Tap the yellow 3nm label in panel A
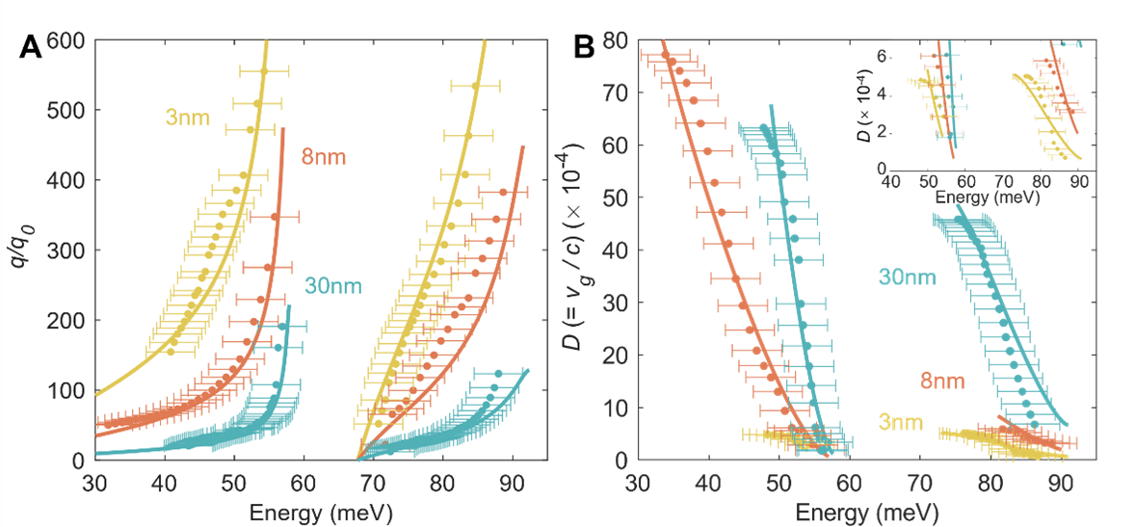tap(182, 119)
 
